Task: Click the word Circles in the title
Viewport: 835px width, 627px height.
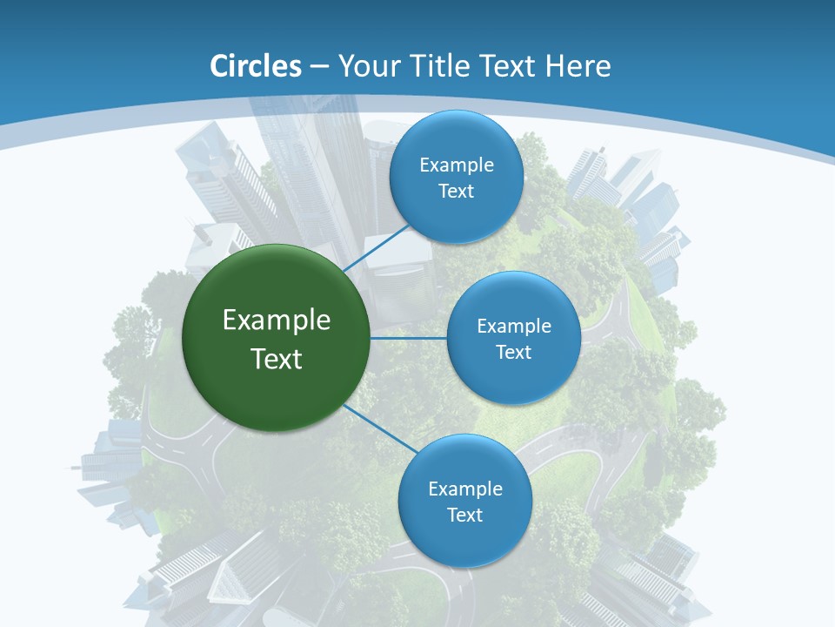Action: (x=256, y=66)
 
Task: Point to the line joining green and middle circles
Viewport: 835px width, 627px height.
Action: (x=409, y=338)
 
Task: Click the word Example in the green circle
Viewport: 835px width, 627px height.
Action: (x=277, y=320)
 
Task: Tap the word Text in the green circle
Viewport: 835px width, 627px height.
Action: (x=277, y=359)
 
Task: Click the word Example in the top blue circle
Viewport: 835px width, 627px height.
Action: (x=456, y=165)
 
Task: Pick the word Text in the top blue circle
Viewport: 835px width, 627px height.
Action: (x=456, y=191)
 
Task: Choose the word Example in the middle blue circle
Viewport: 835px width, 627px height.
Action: (x=513, y=326)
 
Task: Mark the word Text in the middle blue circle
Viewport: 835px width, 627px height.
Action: (x=513, y=352)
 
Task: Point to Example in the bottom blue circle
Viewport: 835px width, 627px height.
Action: (x=464, y=489)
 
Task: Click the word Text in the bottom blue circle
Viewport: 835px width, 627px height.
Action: (x=464, y=515)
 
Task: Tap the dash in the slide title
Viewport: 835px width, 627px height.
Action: (x=319, y=67)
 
